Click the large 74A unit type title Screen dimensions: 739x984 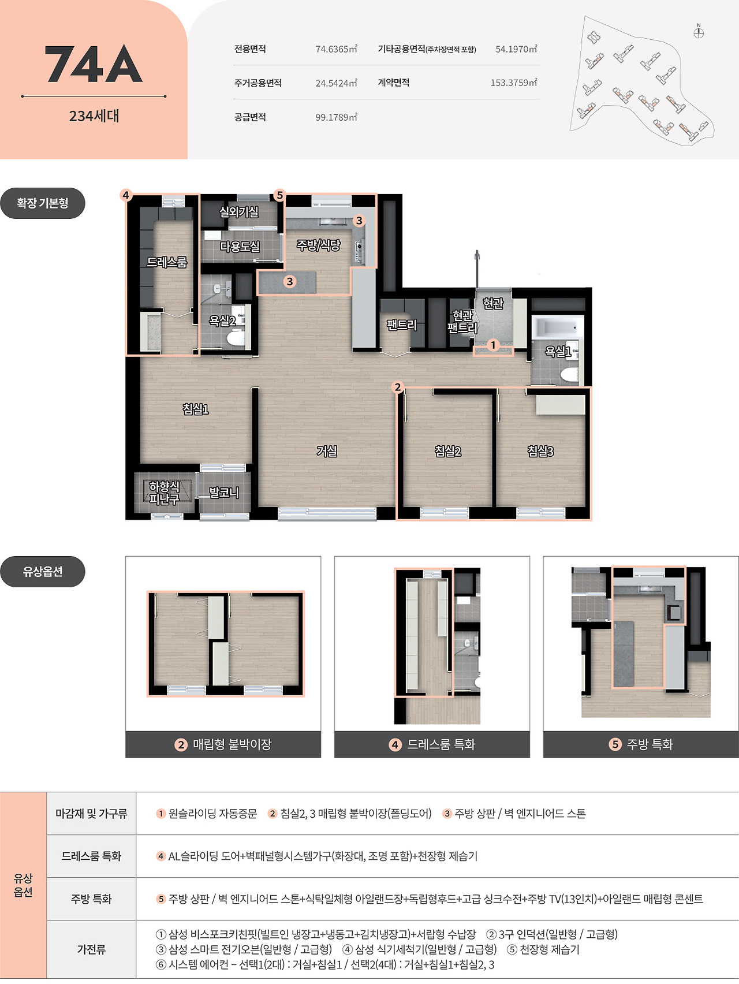[94, 65]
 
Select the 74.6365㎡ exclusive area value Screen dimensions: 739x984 [336, 49]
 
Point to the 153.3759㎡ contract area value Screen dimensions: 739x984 [514, 83]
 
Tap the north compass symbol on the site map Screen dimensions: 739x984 [699, 32]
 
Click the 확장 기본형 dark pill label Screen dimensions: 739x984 [43, 203]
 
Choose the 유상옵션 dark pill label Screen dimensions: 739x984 [43, 572]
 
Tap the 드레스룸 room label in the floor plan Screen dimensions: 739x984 [167, 262]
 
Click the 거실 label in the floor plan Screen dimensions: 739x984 [327, 451]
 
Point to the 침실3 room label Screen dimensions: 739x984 [541, 451]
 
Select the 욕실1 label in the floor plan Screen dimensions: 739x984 [558, 351]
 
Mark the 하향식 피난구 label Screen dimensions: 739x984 [164, 493]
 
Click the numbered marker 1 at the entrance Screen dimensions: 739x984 [493, 345]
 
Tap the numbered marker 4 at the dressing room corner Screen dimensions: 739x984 [126, 195]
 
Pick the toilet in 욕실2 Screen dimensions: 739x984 [236, 338]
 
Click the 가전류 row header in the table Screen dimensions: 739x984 [91, 949]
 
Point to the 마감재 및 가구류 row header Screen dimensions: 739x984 [91, 813]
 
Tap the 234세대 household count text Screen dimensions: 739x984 [94, 116]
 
